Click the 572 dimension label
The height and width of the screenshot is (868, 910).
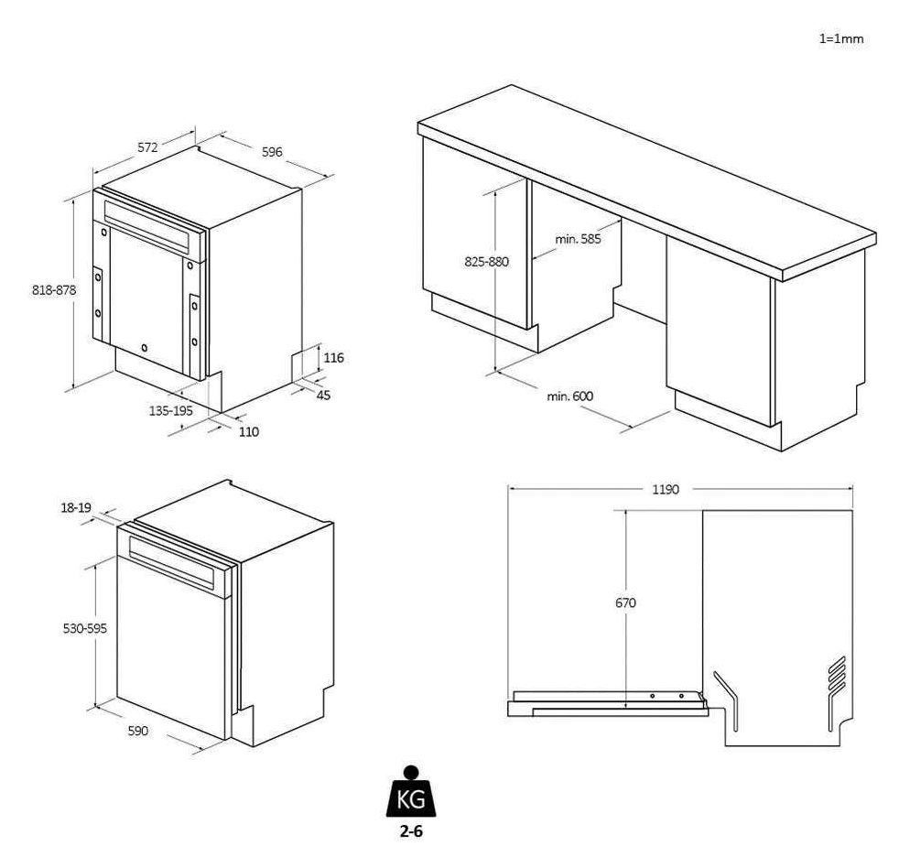click(x=148, y=146)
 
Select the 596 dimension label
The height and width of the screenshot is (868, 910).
click(x=272, y=152)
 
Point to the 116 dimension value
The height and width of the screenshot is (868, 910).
click(x=334, y=358)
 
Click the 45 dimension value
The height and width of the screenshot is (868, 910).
click(x=324, y=395)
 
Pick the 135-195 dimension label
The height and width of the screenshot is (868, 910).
click(x=171, y=411)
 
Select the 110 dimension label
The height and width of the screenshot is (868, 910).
click(x=248, y=431)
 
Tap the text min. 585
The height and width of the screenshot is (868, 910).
click(x=579, y=239)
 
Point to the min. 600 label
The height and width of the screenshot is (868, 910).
click(x=570, y=396)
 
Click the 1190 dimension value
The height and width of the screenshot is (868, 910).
click(x=666, y=489)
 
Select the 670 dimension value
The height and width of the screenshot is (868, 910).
click(x=626, y=602)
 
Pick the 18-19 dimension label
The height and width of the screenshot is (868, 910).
click(x=76, y=508)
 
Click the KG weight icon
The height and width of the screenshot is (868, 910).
click(x=410, y=795)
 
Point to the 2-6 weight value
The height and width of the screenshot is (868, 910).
click(x=410, y=833)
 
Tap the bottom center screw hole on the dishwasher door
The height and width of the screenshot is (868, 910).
click(x=145, y=348)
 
